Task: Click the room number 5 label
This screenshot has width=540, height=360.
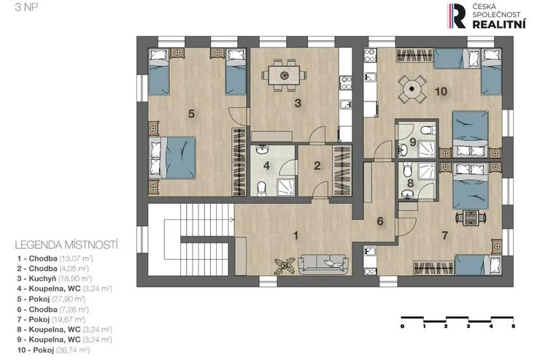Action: point(191,113)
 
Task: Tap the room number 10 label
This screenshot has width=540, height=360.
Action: point(441,91)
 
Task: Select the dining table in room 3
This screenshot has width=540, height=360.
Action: point(284,75)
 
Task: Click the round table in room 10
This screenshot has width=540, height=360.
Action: point(412,89)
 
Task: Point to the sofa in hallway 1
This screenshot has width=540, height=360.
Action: point(323,264)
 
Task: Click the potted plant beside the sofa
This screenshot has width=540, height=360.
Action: point(285,266)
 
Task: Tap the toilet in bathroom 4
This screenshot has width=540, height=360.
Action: point(262,189)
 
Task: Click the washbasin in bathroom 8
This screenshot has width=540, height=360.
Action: point(408,195)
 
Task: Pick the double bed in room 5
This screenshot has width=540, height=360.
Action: point(172,158)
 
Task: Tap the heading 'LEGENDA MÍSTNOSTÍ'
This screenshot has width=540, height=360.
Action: point(66,245)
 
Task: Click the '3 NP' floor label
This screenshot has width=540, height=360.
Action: point(26,7)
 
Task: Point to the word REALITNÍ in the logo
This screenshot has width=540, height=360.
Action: point(498,24)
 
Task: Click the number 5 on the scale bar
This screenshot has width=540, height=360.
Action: point(513,326)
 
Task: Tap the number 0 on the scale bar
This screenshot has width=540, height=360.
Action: point(402,326)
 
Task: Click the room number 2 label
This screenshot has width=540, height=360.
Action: point(317,166)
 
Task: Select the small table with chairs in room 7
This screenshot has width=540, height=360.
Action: point(471,218)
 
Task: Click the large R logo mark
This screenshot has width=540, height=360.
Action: point(457,16)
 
